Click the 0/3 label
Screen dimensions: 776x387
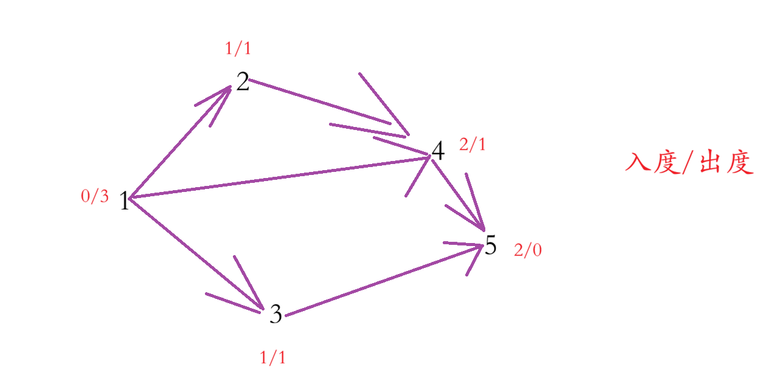[95, 196]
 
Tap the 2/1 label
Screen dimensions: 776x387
[473, 145]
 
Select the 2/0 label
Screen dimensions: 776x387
[528, 250]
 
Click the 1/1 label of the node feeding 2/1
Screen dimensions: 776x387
[238, 49]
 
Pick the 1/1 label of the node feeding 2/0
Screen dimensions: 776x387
[272, 358]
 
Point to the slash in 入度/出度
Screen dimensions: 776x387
[687, 163]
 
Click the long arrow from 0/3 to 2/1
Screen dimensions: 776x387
[280, 177]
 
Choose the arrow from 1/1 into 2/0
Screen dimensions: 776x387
[383, 280]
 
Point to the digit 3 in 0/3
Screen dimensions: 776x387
[104, 196]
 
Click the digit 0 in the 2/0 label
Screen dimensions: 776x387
[536, 250]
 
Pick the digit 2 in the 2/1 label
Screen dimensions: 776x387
[464, 145]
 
